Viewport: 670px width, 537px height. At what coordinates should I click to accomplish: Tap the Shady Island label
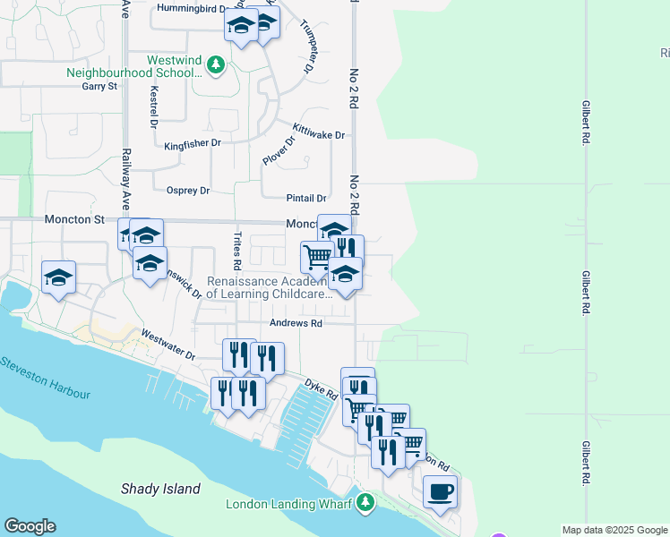[161, 489]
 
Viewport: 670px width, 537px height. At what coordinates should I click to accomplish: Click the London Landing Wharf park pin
[365, 503]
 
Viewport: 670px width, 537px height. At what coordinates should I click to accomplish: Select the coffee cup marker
[440, 491]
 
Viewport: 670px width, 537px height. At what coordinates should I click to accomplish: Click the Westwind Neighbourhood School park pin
[215, 64]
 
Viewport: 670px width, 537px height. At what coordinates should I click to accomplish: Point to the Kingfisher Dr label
[192, 143]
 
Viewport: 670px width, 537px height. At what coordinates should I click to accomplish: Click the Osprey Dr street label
[188, 191]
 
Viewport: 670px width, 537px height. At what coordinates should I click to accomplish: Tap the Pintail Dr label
[307, 198]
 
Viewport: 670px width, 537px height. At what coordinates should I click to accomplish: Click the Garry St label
[99, 86]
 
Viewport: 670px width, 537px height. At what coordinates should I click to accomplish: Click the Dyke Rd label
[320, 388]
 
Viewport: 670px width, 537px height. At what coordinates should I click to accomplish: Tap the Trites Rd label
[237, 251]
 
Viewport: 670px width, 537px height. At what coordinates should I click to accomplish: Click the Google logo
[30, 526]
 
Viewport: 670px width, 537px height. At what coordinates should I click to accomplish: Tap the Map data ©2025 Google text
[614, 530]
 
